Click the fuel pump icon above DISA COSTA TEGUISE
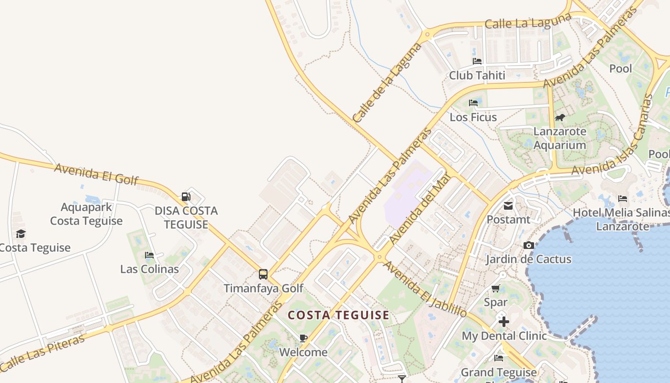[x=186, y=196]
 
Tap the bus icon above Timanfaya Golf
[x=263, y=274]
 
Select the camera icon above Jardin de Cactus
[x=528, y=245]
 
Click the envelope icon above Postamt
[x=508, y=206]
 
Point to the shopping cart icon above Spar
[x=496, y=288]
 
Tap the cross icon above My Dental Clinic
[x=503, y=322]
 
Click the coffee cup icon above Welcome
[x=303, y=338]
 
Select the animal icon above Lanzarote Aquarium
[x=559, y=117]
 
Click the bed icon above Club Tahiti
[x=477, y=61]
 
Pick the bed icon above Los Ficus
[x=473, y=103]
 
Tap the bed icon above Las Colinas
[x=149, y=255]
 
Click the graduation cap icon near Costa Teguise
[x=21, y=234]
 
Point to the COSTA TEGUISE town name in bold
[x=338, y=315]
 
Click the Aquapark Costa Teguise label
[x=86, y=214]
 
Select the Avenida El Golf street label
[x=96, y=174]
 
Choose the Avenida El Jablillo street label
[x=424, y=289]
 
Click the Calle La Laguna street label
[x=528, y=21]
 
